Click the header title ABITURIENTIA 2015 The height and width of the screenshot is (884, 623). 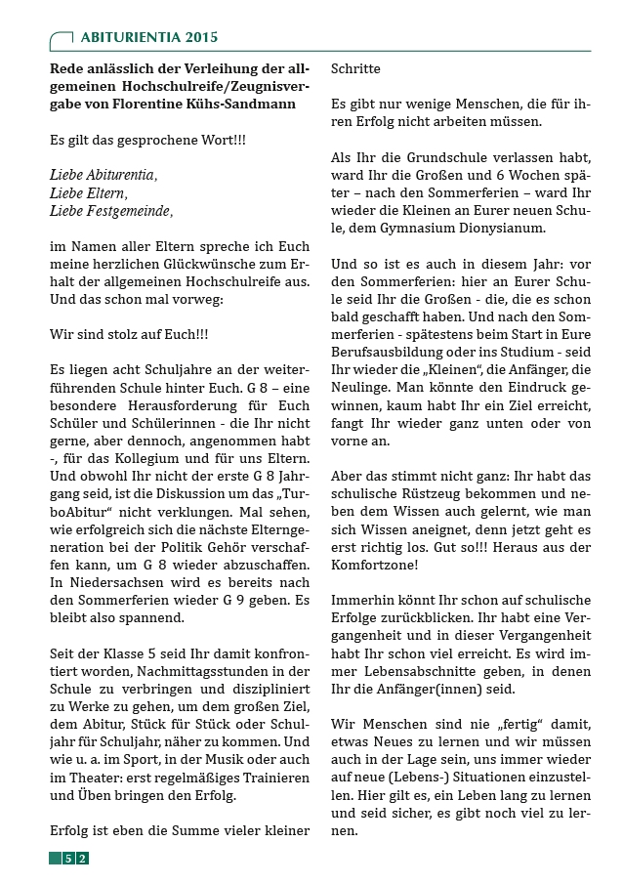[149, 37]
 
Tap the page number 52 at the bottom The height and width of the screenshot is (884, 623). [75, 859]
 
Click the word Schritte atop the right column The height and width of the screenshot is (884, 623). [355, 70]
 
